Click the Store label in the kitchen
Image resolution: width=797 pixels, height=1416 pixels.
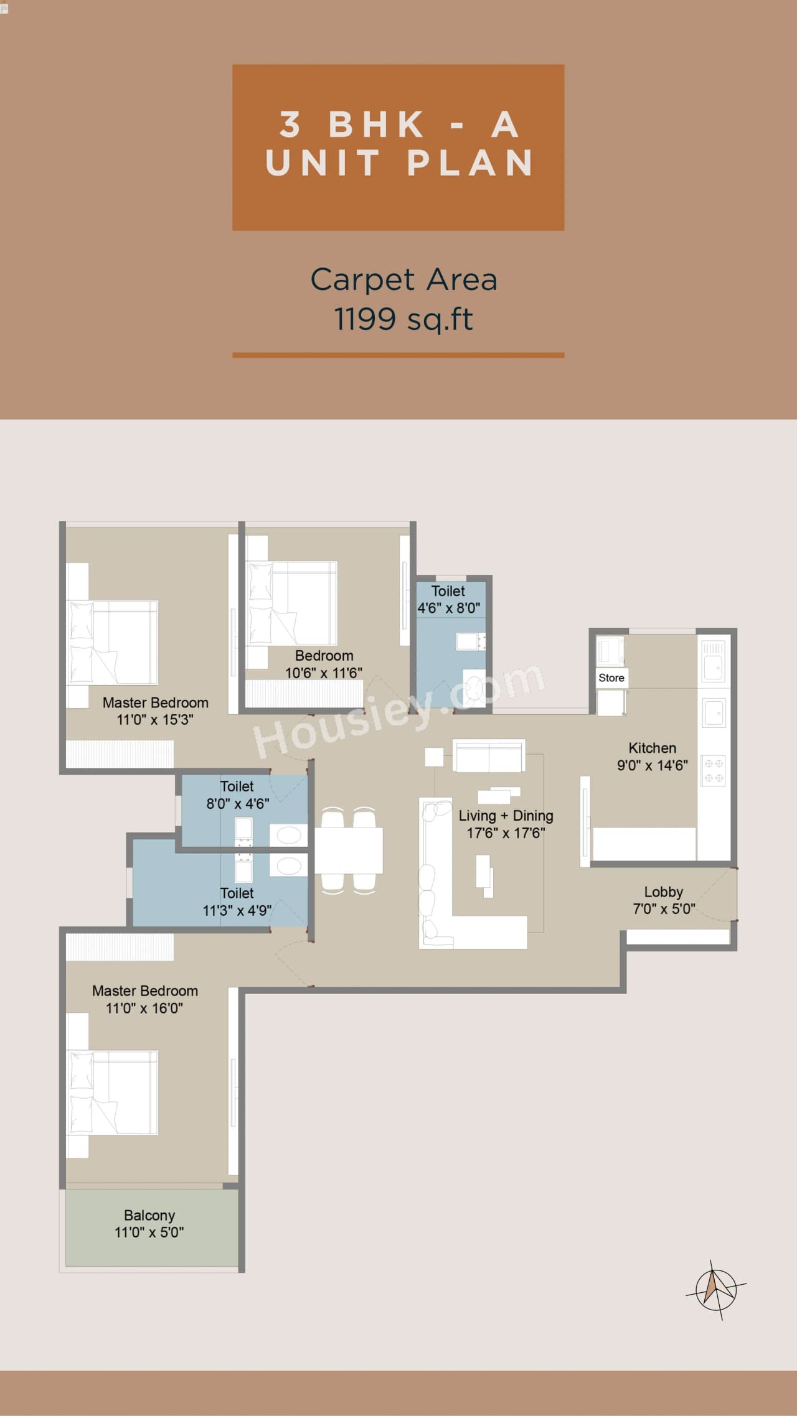[x=611, y=678]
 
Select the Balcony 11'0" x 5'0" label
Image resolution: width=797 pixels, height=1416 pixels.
[x=149, y=1224]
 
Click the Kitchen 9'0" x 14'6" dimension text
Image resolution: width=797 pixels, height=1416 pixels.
[x=652, y=765]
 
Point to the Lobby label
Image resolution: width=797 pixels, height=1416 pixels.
[x=663, y=892]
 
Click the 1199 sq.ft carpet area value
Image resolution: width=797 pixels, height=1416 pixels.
[x=403, y=319]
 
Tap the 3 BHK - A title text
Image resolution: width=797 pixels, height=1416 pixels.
[x=398, y=124]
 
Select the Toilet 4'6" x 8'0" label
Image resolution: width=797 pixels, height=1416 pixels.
[x=448, y=599]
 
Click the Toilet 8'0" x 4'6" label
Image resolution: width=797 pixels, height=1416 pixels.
[x=237, y=795]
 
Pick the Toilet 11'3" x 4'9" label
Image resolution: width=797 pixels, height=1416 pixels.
[x=237, y=901]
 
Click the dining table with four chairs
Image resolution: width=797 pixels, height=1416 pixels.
[x=349, y=850]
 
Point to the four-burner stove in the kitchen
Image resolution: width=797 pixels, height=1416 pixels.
[x=714, y=770]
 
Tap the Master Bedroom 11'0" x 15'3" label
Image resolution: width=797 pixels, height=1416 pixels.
[x=155, y=710]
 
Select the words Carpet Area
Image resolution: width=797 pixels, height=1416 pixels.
[x=403, y=279]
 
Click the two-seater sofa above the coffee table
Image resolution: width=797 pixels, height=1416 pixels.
[x=489, y=755]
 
